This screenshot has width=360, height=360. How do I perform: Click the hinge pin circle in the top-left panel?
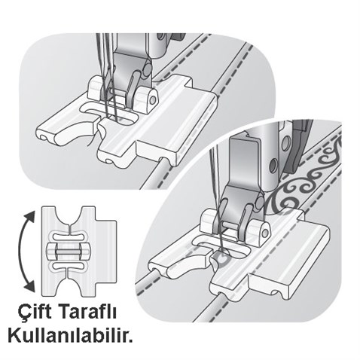coord(152,99)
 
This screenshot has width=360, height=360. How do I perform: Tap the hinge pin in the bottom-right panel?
coord(256,230)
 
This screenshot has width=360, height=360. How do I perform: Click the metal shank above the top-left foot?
coord(139,53)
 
